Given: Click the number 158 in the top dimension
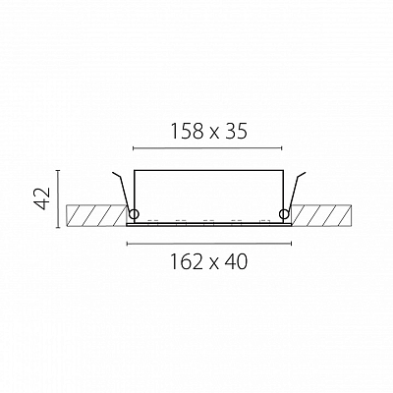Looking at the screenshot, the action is click(187, 132).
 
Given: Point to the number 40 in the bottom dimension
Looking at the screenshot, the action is click(236, 261).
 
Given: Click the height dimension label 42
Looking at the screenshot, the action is click(42, 198).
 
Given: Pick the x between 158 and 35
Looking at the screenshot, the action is click(213, 134).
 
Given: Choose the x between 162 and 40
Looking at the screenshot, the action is click(214, 263).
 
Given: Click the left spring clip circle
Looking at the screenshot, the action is click(134, 214).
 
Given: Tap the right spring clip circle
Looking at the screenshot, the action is click(284, 214).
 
